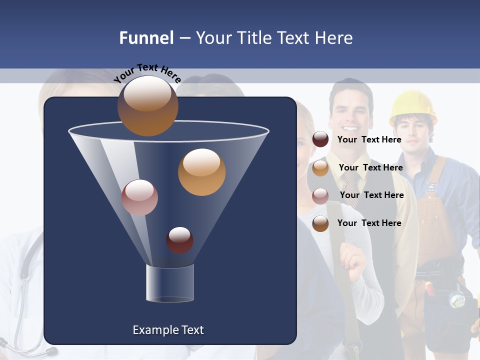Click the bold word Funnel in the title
point(146,38)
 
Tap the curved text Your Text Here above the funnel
point(147,73)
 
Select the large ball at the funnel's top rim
point(147,105)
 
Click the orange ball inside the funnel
point(201,172)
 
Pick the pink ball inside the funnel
point(139,197)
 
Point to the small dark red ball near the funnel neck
point(179,240)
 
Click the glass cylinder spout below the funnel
point(169,283)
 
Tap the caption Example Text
point(168,330)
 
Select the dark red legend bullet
point(320,139)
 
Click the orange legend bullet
point(320,168)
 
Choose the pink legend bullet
point(320,195)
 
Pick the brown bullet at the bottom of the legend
point(320,223)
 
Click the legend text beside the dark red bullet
point(369,139)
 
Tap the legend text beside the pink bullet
point(371,195)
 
